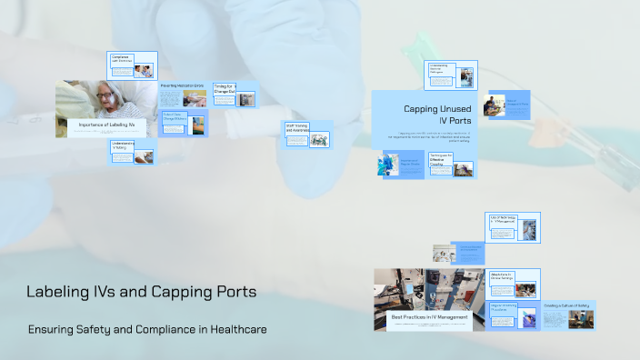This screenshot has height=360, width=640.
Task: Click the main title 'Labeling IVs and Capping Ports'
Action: [x=141, y=293]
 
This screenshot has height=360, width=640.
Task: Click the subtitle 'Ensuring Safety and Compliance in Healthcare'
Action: [x=147, y=329]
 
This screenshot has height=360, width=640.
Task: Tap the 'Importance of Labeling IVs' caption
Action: [x=106, y=124]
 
